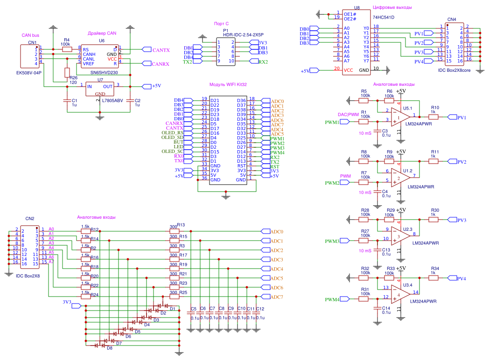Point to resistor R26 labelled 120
(x=67, y=72)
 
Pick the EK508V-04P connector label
(x=29, y=73)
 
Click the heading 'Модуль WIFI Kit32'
(x=228, y=85)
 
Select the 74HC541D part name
(x=384, y=17)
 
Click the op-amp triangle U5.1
(x=402, y=117)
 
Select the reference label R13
(x=181, y=225)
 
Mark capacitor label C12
(x=260, y=309)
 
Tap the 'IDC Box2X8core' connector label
(x=454, y=69)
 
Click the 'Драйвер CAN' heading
(x=102, y=33)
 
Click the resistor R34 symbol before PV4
(x=434, y=278)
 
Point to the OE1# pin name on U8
(x=349, y=14)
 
